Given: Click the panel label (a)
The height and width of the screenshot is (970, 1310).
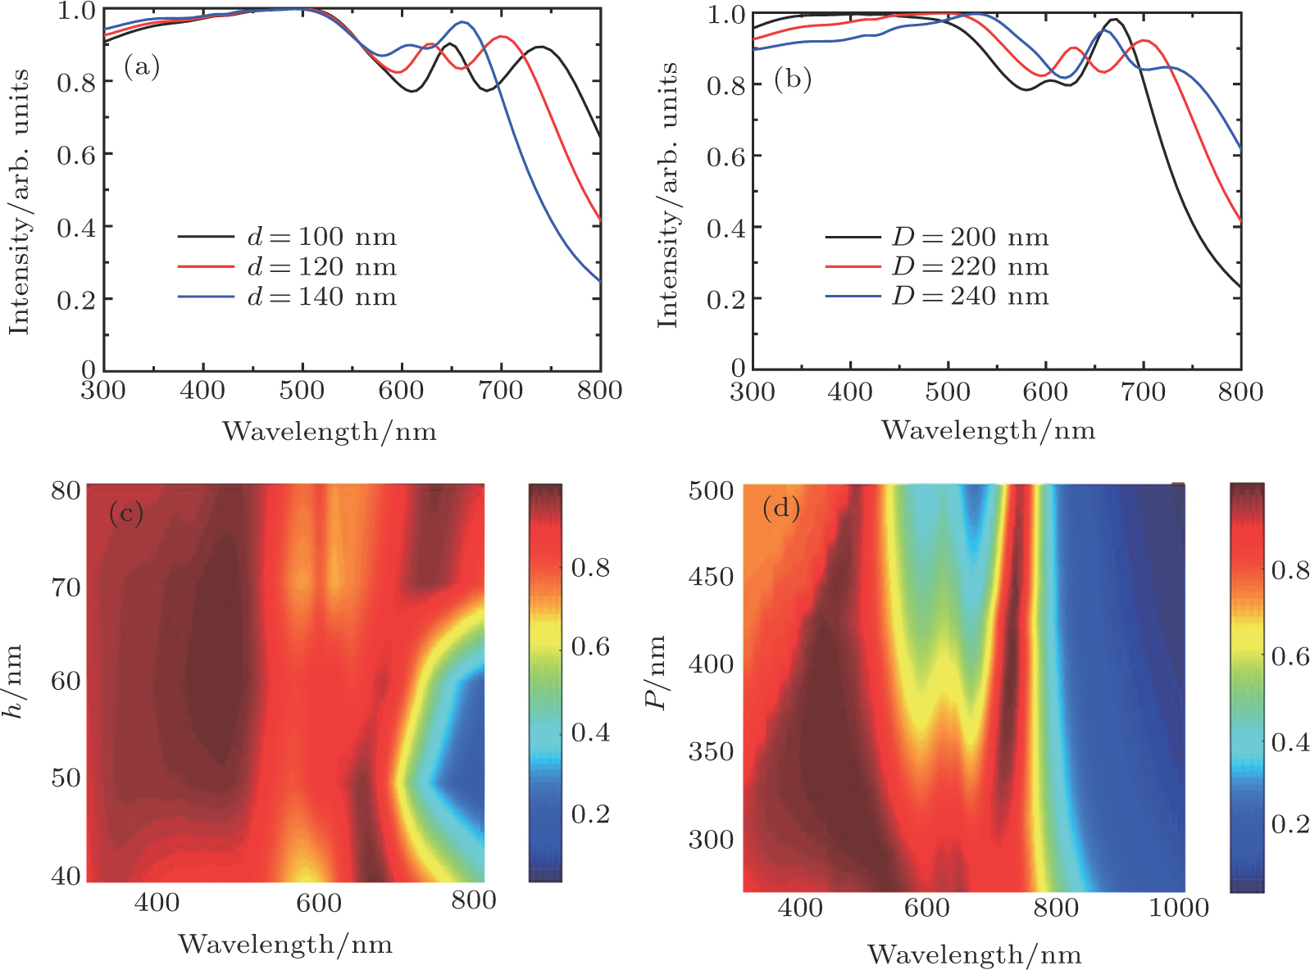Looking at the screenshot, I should click(x=142, y=66).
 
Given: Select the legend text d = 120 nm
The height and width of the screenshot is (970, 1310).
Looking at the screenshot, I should click(x=322, y=267).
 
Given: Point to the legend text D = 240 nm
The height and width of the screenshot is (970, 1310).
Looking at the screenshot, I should click(x=971, y=296).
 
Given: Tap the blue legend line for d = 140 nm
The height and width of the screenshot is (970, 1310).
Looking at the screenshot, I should click(x=206, y=297).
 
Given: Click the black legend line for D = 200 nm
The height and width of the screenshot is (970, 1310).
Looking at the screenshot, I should click(x=853, y=237).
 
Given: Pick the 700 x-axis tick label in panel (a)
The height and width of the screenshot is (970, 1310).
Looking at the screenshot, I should click(x=500, y=391).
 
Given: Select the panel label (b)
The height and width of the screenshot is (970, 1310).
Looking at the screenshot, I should click(x=793, y=79).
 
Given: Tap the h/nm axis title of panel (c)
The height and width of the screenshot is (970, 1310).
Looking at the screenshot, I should click(x=14, y=682).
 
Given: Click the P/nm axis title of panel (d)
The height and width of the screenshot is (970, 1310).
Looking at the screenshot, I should click(x=656, y=672).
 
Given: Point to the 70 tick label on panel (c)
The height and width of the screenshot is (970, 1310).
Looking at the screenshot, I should click(x=66, y=587).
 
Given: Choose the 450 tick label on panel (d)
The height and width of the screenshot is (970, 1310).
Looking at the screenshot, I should click(x=711, y=577).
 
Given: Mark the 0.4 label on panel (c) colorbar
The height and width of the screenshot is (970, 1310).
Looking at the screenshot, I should click(x=590, y=732).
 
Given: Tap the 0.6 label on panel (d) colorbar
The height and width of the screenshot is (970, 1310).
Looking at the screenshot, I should click(x=1290, y=656).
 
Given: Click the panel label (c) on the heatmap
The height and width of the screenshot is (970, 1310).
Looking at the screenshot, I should click(x=126, y=514).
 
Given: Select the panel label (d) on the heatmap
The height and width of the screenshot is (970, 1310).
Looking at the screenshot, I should click(x=781, y=509).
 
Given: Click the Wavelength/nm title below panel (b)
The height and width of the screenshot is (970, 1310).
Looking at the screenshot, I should click(x=988, y=430).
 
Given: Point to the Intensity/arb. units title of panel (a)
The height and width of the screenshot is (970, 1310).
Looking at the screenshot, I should click(x=19, y=202).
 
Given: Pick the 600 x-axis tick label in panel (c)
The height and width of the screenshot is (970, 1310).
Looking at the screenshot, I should click(x=318, y=903).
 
